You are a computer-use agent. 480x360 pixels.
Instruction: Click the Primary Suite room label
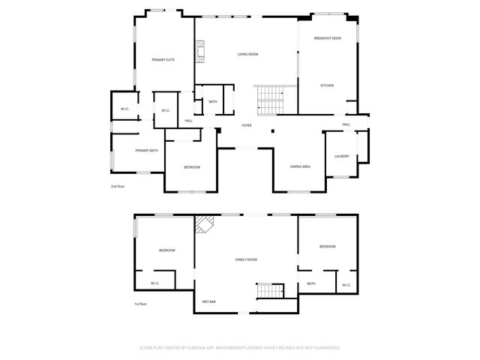pyautogui.click(x=163, y=60)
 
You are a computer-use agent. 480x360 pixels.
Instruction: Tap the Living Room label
pyautogui.click(x=247, y=55)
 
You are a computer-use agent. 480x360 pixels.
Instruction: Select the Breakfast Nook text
pyautogui.click(x=328, y=37)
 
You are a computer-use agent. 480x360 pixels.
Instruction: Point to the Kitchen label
pyautogui.click(x=327, y=85)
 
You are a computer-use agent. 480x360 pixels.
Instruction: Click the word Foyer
pyautogui.click(x=246, y=125)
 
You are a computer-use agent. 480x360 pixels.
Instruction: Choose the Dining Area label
pyautogui.click(x=300, y=166)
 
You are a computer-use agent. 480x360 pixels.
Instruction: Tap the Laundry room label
pyautogui.click(x=342, y=156)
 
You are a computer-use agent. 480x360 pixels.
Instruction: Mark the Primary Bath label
pyautogui.click(x=146, y=151)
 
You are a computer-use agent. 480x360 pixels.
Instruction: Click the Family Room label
pyautogui.click(x=246, y=259)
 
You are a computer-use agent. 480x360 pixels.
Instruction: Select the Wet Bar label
pyautogui.click(x=208, y=302)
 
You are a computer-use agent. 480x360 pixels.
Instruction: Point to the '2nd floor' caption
pyautogui.click(x=118, y=186)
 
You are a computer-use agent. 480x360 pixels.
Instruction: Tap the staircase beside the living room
pyautogui.click(x=269, y=100)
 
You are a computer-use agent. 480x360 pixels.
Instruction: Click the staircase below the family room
pyautogui.click(x=269, y=291)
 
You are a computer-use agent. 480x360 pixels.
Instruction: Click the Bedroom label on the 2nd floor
pyautogui.click(x=192, y=167)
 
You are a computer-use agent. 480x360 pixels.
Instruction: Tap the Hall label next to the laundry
pyautogui.click(x=346, y=124)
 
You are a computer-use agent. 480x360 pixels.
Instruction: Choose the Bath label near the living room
pyautogui.click(x=213, y=102)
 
